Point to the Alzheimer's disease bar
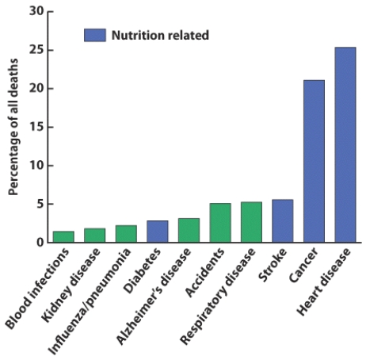click(x=189, y=230)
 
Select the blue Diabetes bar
click(x=158, y=232)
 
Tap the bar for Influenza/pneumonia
click(x=126, y=234)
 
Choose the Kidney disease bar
click(x=94, y=236)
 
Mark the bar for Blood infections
click(x=63, y=237)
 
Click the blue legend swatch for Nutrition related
click(x=94, y=35)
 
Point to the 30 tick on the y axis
click(x=36, y=12)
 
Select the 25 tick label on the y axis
click(x=36, y=50)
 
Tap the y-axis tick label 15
click(x=36, y=127)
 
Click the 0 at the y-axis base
click(x=40, y=243)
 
